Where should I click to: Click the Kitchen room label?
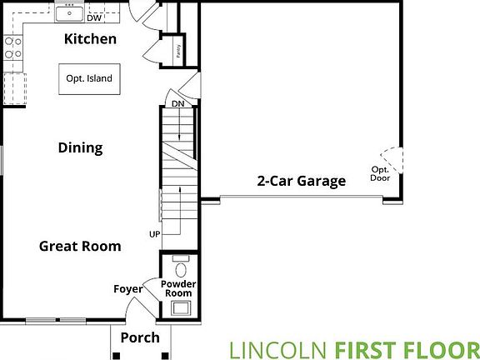tap(90, 39)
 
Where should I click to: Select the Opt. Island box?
tap(89, 79)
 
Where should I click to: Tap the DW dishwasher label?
tap(93, 17)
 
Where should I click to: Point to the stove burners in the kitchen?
tap(12, 47)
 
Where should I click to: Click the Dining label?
tap(80, 148)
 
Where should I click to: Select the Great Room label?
tap(80, 246)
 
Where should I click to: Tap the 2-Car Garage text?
tap(301, 181)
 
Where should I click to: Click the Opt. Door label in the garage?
tap(381, 173)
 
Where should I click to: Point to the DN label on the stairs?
tap(177, 104)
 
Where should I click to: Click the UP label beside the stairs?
tap(154, 234)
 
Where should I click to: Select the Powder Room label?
tap(177, 288)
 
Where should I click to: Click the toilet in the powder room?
tap(181, 269)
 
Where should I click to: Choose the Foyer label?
tap(127, 289)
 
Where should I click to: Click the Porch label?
tap(140, 337)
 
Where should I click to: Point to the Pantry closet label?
tap(177, 51)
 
